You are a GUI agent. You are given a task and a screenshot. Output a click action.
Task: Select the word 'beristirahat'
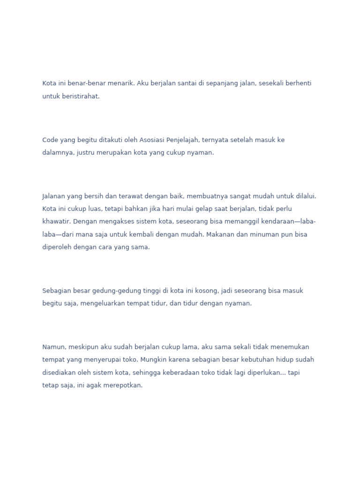(x=81, y=96)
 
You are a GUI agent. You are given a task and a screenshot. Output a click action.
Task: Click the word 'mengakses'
(x=112, y=221)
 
